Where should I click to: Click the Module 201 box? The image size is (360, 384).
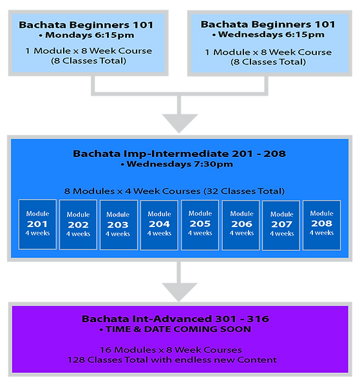(x=37, y=224)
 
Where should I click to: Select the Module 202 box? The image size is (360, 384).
(x=78, y=225)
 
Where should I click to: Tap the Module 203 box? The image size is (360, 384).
(x=118, y=225)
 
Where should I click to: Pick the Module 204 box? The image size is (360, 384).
(x=159, y=225)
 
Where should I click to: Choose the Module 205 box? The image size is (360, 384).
(x=200, y=225)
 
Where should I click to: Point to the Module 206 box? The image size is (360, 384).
(x=241, y=225)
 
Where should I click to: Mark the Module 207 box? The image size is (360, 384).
(x=281, y=226)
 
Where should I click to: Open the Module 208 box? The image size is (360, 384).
(x=322, y=225)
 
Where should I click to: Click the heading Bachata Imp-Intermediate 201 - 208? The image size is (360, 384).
(x=179, y=154)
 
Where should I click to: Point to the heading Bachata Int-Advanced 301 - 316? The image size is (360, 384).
(x=176, y=319)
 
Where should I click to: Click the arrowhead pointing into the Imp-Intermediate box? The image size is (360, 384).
(x=180, y=123)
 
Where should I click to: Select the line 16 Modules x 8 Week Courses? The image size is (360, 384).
(x=171, y=350)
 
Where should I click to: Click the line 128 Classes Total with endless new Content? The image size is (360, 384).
(x=172, y=360)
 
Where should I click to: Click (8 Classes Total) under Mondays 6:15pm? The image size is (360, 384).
(x=89, y=61)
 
